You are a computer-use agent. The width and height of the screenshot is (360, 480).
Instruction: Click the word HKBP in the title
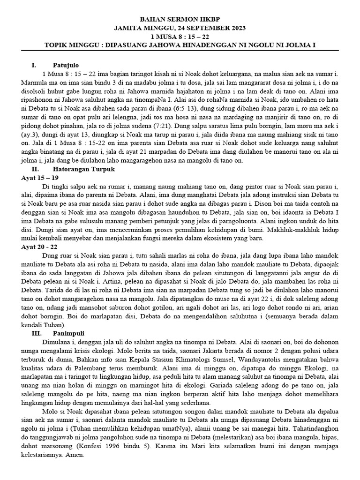(x=218, y=21)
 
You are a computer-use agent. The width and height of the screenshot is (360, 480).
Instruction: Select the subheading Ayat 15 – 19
(x=40, y=178)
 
